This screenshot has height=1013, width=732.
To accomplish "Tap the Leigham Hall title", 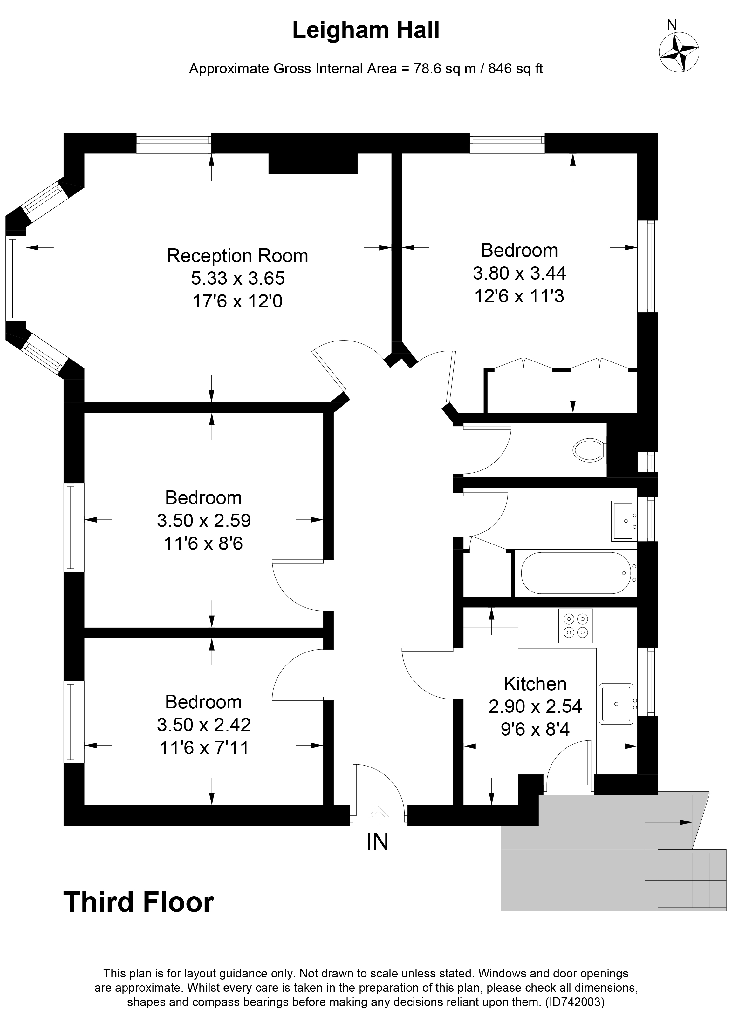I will [x=366, y=30].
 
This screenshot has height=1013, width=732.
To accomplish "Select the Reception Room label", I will [x=237, y=256].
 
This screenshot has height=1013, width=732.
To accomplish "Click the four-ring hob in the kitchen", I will [x=575, y=625].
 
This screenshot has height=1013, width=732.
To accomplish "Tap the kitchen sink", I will [x=616, y=704].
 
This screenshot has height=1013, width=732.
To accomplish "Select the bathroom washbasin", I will [x=623, y=520].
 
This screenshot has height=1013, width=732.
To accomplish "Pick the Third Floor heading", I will [x=139, y=901].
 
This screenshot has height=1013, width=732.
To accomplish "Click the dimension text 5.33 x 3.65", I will [x=238, y=278].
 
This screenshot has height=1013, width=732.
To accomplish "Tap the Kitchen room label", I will [x=535, y=684].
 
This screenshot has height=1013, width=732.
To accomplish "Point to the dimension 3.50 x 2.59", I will [x=204, y=520].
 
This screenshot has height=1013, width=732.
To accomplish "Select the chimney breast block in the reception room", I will [x=313, y=164].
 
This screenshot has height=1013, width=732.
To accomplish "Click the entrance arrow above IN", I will [x=378, y=815].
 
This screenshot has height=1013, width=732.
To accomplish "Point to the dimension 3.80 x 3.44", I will [x=519, y=273].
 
